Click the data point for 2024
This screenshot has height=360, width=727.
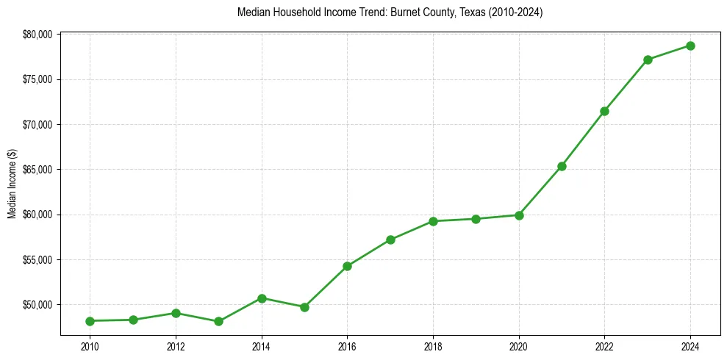pyautogui.click(x=690, y=46)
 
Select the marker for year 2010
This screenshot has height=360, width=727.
pyautogui.click(x=90, y=321)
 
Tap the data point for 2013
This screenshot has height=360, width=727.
pyautogui.click(x=218, y=321)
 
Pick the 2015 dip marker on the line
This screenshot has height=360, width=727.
pyautogui.click(x=304, y=307)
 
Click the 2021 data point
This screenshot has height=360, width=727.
pyautogui.click(x=562, y=166)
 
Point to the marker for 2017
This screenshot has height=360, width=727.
pyautogui.click(x=390, y=240)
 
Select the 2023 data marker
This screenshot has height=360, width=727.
pyautogui.click(x=648, y=60)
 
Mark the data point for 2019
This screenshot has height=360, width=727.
pyautogui.click(x=476, y=219)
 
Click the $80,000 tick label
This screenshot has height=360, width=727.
pyautogui.click(x=37, y=35)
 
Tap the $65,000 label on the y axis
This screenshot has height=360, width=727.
pyautogui.click(x=37, y=170)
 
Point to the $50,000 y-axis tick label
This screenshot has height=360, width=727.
pyautogui.click(x=37, y=305)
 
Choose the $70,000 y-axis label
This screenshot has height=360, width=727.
pyautogui.click(x=37, y=125)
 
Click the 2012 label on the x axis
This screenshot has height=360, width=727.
pyautogui.click(x=176, y=346)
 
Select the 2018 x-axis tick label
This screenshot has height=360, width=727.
pyautogui.click(x=433, y=346)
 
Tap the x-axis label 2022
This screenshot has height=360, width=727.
pyautogui.click(x=604, y=346)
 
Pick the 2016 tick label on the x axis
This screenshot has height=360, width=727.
pyautogui.click(x=347, y=346)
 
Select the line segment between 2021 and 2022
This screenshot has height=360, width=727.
pyautogui.click(x=583, y=139)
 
